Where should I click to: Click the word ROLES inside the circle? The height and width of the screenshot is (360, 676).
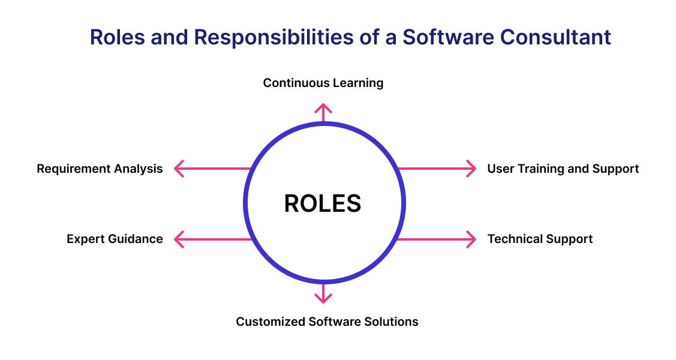click(x=323, y=203)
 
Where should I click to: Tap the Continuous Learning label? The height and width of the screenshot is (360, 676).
click(x=323, y=83)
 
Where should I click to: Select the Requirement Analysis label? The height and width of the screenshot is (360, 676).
click(x=100, y=169)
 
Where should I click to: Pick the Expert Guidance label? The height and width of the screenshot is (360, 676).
click(x=115, y=239)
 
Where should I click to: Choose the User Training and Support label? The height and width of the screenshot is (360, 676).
click(x=563, y=169)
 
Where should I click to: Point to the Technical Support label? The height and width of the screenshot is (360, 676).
click(x=540, y=239)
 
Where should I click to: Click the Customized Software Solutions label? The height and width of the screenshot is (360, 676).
click(x=327, y=322)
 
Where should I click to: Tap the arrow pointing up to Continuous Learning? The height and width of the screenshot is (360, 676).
click(x=323, y=112)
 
